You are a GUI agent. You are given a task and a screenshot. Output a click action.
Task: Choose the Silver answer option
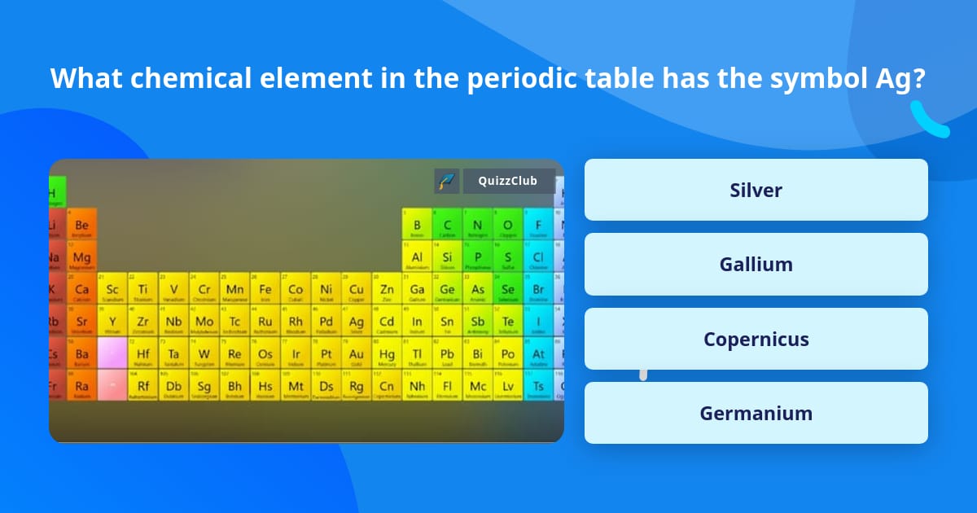pyautogui.click(x=756, y=190)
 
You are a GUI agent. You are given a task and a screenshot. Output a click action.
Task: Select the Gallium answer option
pyautogui.click(x=756, y=264)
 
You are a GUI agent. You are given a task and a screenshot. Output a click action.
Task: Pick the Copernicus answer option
pyautogui.click(x=756, y=339)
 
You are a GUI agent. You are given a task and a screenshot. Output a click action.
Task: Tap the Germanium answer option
pyautogui.click(x=756, y=413)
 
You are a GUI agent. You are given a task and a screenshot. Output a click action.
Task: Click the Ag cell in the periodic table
pyautogui.click(x=357, y=322)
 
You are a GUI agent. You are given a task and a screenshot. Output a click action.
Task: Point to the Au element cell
pyautogui.click(x=357, y=354)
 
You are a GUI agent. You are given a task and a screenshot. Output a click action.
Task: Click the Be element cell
pyautogui.click(x=81, y=225)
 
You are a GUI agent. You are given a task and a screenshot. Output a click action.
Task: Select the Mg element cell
pyautogui.click(x=81, y=257)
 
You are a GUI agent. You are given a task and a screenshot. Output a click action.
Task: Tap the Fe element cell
pyautogui.click(x=265, y=289)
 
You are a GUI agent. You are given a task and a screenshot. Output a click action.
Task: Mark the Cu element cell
pyautogui.click(x=357, y=289)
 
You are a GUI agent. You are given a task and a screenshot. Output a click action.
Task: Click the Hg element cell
pyautogui.click(x=387, y=354)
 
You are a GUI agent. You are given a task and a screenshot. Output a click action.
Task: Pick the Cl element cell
pyautogui.click(x=538, y=257)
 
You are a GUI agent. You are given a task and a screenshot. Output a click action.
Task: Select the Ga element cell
pyautogui.click(x=417, y=289)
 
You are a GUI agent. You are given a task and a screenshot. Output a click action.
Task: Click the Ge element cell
pyautogui.click(x=447, y=289)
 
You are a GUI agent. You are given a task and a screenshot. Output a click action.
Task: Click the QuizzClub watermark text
pyautogui.click(x=507, y=181)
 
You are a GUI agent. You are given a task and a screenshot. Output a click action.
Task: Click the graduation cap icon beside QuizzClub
pyautogui.click(x=447, y=181)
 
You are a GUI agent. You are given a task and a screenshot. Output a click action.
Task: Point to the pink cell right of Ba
pyautogui.click(x=112, y=354)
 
